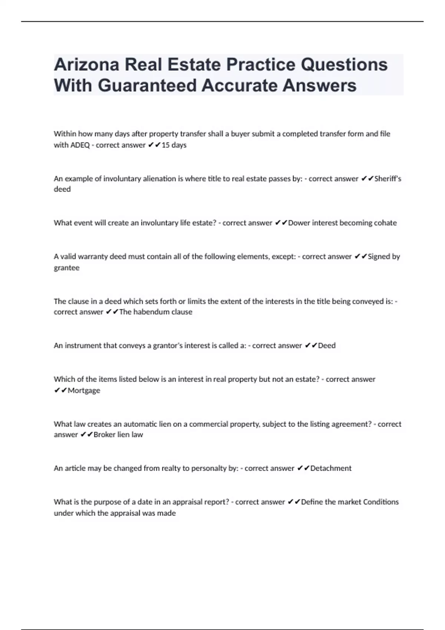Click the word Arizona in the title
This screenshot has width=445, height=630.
(x=86, y=65)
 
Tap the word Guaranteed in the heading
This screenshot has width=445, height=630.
(x=147, y=86)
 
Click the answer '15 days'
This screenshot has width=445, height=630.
(x=174, y=145)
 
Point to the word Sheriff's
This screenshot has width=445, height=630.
(x=388, y=179)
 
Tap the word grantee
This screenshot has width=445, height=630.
(x=66, y=268)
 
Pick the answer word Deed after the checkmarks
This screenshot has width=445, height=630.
(x=327, y=345)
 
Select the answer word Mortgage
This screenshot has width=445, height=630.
(x=84, y=390)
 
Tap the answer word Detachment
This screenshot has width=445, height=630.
(x=331, y=468)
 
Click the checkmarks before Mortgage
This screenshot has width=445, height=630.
(x=60, y=390)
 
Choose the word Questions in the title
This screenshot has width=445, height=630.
(x=344, y=65)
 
